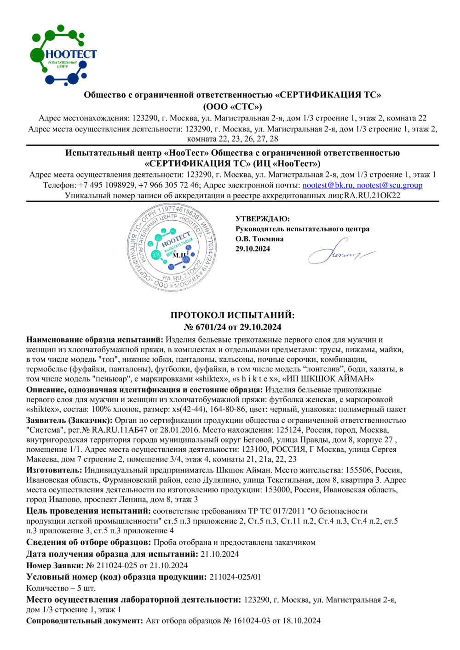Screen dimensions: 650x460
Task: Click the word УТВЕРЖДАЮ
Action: coord(263,219)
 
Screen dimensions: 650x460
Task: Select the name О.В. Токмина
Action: coord(259,239)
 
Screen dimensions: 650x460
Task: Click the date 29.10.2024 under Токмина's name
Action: coord(253,249)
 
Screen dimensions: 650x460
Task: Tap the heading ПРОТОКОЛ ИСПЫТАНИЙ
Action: coord(232,315)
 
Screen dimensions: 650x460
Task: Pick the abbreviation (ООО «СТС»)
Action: coord(232,107)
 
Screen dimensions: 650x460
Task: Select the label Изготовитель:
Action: coord(54,470)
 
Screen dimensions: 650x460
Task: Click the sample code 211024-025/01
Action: coord(235,577)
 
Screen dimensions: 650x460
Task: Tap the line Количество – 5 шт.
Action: coord(61,588)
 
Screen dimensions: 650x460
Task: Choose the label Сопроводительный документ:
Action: coord(85,621)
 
